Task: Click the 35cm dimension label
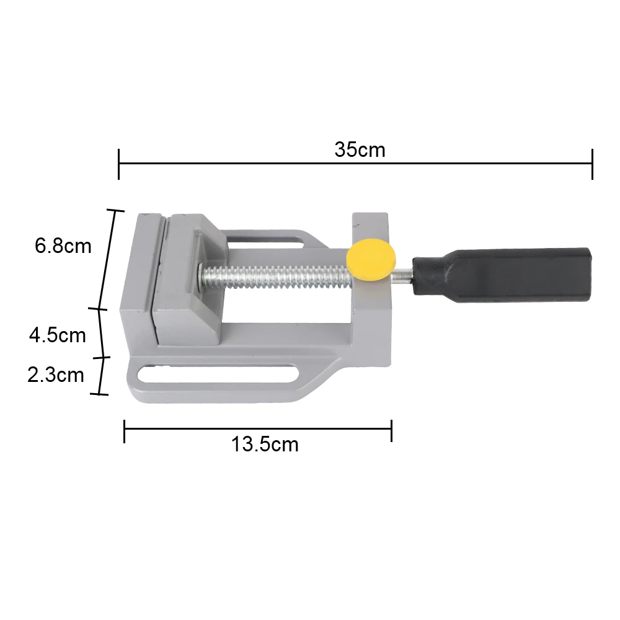(360, 150)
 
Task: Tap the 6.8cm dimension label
(63, 246)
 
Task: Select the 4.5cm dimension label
(57, 335)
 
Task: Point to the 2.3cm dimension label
(56, 374)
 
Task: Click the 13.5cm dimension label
(265, 445)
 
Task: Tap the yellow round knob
(371, 261)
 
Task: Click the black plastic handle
(502, 275)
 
